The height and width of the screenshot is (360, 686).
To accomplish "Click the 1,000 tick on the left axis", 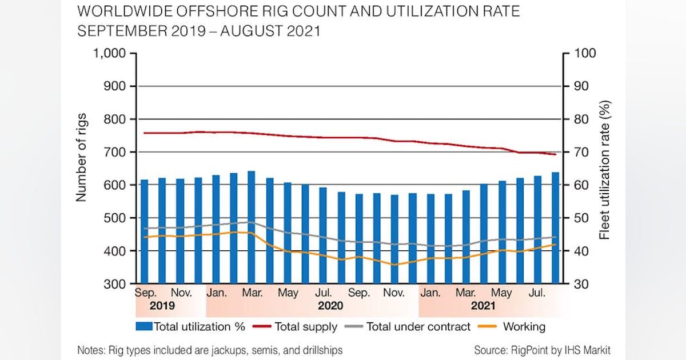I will click(x=112, y=54).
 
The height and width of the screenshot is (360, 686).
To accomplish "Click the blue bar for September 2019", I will click(x=144, y=231).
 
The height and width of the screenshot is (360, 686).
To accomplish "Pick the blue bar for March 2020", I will click(x=251, y=227).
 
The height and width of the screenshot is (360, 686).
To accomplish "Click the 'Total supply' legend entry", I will click(x=306, y=327).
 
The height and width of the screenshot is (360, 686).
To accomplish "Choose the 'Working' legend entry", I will click(x=524, y=327).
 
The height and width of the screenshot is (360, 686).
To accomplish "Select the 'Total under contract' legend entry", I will click(x=418, y=327).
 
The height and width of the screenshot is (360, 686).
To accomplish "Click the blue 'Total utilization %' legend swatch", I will click(x=143, y=327).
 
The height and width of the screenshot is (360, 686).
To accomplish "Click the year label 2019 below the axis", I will click(x=162, y=306).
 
